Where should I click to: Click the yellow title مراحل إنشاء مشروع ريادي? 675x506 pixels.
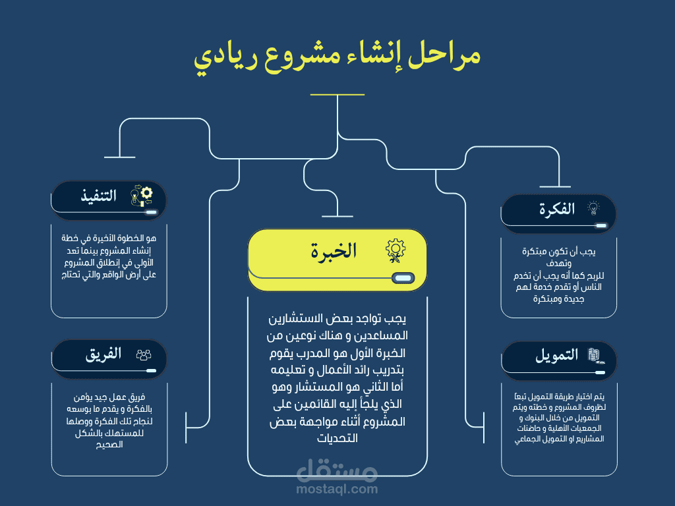337,57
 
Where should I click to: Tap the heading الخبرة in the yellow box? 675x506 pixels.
334,251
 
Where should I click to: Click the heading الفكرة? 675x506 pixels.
557,209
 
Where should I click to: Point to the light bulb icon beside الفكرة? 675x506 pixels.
594,208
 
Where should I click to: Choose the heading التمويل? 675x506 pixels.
556,355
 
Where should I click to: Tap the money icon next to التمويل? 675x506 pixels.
596,356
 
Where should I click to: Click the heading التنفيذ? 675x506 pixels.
99,196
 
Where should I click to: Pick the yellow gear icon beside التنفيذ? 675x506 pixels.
142,196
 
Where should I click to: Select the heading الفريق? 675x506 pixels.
103,354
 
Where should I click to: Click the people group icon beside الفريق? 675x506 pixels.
144,354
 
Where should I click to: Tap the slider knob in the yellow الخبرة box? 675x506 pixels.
403,279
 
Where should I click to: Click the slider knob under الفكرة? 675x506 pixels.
601,225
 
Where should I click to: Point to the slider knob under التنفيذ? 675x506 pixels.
152,212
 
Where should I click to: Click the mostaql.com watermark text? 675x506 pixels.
337,489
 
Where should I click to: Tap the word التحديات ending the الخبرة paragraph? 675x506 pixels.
337,438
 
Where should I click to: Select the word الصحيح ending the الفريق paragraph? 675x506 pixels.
109,445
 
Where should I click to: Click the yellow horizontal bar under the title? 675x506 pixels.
337,95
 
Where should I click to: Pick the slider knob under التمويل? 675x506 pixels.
600,373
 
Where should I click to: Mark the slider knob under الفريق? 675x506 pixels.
151,370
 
